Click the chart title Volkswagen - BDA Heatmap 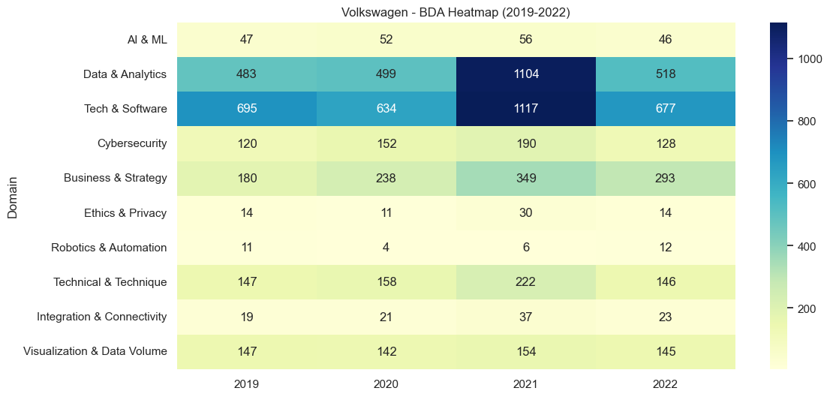point(456,12)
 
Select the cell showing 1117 point(525,109)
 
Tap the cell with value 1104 point(525,74)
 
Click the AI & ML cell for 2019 point(247,40)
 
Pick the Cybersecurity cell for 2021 point(525,143)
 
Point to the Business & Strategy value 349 point(525,179)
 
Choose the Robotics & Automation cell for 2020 point(386,248)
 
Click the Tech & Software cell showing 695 point(247,109)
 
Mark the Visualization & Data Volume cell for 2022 point(665,351)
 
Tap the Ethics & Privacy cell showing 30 point(525,213)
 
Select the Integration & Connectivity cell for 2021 point(525,317)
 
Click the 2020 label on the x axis point(386,383)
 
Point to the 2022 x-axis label point(665,383)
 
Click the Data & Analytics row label point(125,74)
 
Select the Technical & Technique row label point(110,282)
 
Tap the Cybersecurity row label point(132,143)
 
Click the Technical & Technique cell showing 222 point(525,282)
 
